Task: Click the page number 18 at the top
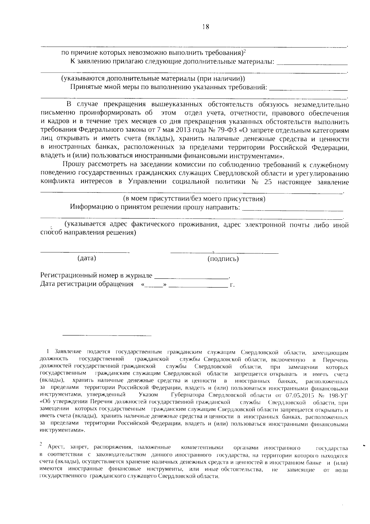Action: tap(206, 27)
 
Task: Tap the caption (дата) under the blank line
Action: tap(87, 258)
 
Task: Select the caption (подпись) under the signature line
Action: tap(223, 259)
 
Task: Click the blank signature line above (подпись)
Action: tap(224, 253)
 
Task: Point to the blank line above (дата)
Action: tap(85, 252)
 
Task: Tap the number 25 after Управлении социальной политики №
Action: tap(268, 181)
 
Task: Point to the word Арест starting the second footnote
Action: tap(56, 447)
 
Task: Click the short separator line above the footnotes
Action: tap(107, 335)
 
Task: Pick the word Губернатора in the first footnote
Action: tap(187, 395)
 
